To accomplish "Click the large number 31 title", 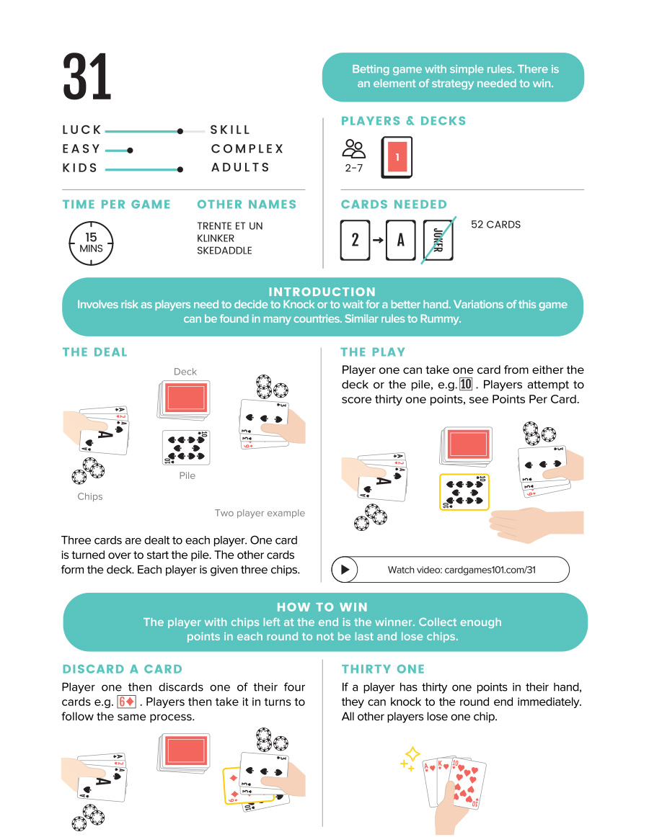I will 87,77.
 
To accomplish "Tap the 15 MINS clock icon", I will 91,243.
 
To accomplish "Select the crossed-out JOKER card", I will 438,240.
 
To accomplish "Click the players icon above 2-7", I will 353,149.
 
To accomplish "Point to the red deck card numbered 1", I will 397,157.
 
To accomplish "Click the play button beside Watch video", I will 345,570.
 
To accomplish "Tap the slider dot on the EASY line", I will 130,151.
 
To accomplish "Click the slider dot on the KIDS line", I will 180,169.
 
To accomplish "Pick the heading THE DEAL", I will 94,352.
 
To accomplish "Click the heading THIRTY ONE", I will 383,669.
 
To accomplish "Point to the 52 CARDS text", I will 495,225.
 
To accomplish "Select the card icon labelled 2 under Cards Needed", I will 355,240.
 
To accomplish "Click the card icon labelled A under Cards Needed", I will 400,240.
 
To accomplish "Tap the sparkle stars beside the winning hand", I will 410,758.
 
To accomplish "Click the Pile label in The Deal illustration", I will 187,475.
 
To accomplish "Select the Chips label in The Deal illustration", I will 90,496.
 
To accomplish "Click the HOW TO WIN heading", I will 322,607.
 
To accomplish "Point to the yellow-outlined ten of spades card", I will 464,491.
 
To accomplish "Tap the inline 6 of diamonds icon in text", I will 126,702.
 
